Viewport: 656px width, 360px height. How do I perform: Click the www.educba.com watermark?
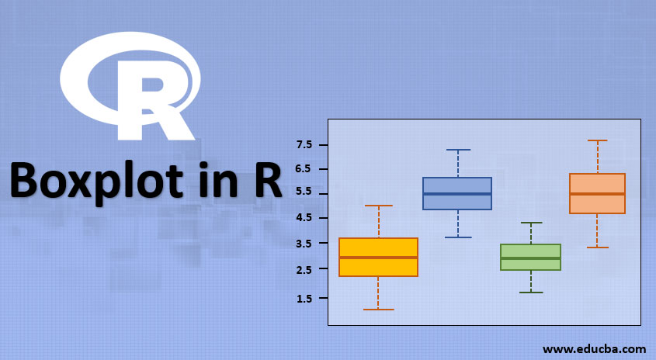click(x=594, y=348)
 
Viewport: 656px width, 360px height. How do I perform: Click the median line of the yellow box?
click(x=378, y=258)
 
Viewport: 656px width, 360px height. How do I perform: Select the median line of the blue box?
click(x=457, y=194)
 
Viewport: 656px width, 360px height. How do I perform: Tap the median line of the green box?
click(x=531, y=258)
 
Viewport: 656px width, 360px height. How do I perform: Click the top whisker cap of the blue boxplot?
click(x=458, y=150)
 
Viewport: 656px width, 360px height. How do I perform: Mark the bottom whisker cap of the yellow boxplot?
click(x=378, y=310)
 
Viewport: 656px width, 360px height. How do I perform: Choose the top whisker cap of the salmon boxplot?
click(x=597, y=140)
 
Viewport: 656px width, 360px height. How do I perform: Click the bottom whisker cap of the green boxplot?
click(x=531, y=292)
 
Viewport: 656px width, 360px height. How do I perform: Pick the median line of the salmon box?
click(x=597, y=194)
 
